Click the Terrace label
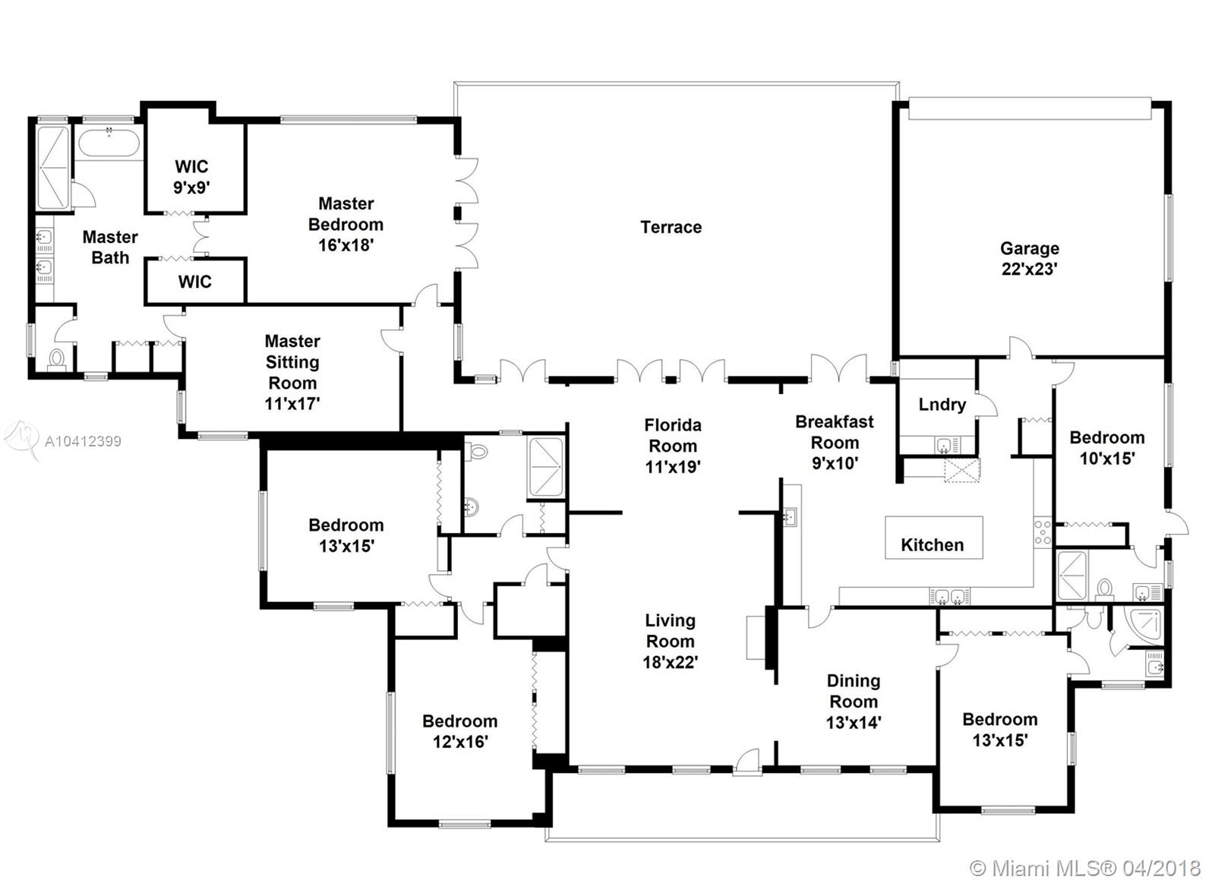click(671, 227)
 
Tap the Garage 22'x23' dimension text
click(1030, 269)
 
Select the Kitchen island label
click(933, 544)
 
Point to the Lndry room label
click(942, 405)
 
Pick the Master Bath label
click(110, 248)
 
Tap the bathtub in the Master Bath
click(109, 142)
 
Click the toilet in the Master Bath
click(56, 360)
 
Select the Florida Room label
click(673, 436)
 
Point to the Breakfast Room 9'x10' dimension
click(835, 464)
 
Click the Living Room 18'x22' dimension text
click(671, 662)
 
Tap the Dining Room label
click(854, 691)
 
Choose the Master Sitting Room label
click(292, 361)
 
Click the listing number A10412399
click(83, 441)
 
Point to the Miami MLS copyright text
click(1085, 869)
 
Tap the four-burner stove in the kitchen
click(1043, 533)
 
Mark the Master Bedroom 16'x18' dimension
click(346, 245)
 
